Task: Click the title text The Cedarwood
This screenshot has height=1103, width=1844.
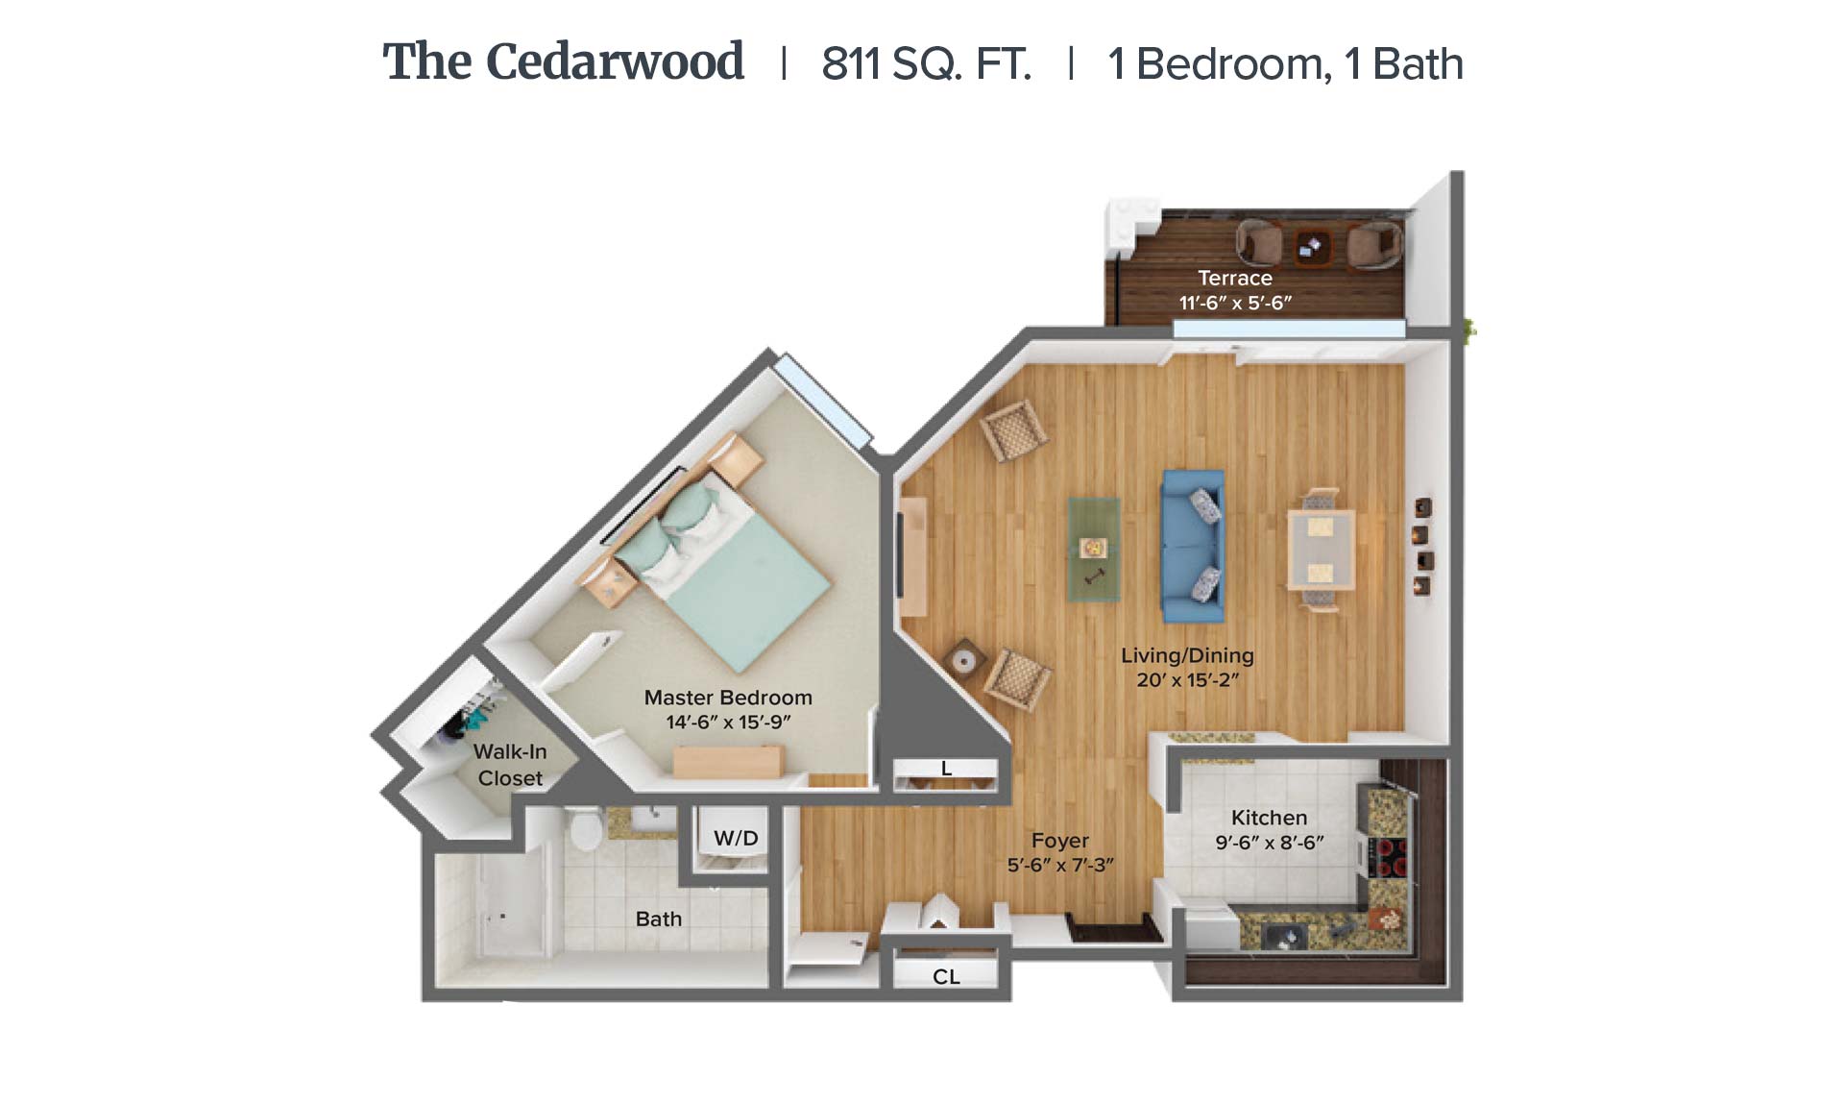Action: coord(563,62)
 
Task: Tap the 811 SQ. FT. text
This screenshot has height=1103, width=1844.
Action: coord(926,64)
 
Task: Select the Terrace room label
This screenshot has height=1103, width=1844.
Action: coord(1235,278)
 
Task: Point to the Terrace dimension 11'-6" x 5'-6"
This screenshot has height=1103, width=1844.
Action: coord(1235,303)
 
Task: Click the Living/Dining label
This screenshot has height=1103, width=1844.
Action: coord(1187,655)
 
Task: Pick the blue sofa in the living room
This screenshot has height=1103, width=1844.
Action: coord(1193,545)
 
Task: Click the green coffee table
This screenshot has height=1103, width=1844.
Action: coord(1094,550)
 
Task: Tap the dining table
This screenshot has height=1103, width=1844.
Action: coord(1321,550)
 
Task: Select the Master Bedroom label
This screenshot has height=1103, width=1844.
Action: coord(728,698)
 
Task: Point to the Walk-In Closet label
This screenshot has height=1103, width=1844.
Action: coord(510,765)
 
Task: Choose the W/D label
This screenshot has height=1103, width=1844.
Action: coord(736,838)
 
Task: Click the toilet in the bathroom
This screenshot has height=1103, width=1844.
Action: coord(585,828)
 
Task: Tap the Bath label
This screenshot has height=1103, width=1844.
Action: coord(659,919)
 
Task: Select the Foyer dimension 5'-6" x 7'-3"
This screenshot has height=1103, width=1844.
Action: coord(1060,865)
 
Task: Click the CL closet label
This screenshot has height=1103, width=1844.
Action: coord(946,976)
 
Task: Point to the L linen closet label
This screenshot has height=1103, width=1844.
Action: coord(946,768)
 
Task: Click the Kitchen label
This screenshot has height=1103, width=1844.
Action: coord(1269,818)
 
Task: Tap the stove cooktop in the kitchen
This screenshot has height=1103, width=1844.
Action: coord(1387,857)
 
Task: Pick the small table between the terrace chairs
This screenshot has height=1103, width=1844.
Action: coord(1312,247)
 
